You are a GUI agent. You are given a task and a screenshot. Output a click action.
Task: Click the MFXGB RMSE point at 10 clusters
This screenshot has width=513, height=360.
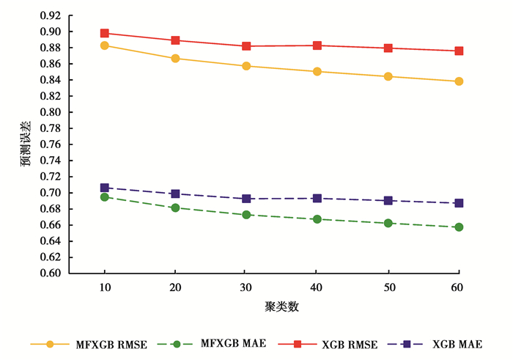pos(105,45)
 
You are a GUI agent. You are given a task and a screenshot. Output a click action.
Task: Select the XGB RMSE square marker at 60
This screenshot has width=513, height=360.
pos(459,51)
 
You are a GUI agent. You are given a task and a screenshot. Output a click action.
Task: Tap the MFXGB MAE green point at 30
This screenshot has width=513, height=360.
pos(246,215)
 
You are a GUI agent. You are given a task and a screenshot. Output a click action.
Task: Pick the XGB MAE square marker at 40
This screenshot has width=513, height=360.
pos(317,198)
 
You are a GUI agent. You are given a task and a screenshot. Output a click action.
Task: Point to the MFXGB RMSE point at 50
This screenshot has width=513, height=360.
pos(388,76)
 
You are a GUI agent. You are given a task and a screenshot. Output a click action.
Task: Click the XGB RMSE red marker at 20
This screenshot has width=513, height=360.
pos(176,40)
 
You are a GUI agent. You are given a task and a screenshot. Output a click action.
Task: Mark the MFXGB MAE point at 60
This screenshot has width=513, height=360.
pos(459,227)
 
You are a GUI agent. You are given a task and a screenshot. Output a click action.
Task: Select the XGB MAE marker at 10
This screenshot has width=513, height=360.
pos(105,188)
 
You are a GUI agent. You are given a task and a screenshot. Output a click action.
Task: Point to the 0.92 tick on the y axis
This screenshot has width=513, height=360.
pos(52,15)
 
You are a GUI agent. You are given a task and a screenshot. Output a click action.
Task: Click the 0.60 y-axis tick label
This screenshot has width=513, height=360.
pos(52,273)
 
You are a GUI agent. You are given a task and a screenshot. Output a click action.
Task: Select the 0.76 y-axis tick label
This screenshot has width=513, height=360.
pos(52,144)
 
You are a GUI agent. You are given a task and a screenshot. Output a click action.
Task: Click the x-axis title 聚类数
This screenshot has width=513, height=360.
pos(281,306)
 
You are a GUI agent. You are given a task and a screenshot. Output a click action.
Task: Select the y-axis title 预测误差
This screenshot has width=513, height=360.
pos(26,144)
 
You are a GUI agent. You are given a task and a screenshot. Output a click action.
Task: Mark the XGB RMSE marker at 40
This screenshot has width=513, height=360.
pos(317,45)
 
